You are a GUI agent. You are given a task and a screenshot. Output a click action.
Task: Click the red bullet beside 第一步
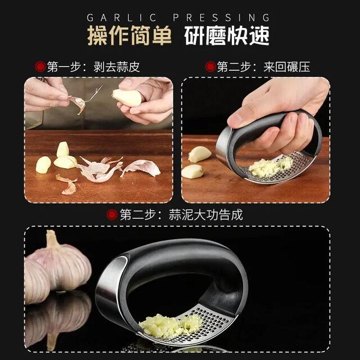(x=39, y=67)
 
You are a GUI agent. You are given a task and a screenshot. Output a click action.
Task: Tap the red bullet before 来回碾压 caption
(x=210, y=67)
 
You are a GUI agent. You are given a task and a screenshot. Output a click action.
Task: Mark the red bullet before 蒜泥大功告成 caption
(x=112, y=214)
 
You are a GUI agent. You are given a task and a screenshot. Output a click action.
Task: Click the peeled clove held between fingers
(x=127, y=98)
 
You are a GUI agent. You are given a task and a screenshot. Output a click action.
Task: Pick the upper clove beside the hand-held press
(x=199, y=154)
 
